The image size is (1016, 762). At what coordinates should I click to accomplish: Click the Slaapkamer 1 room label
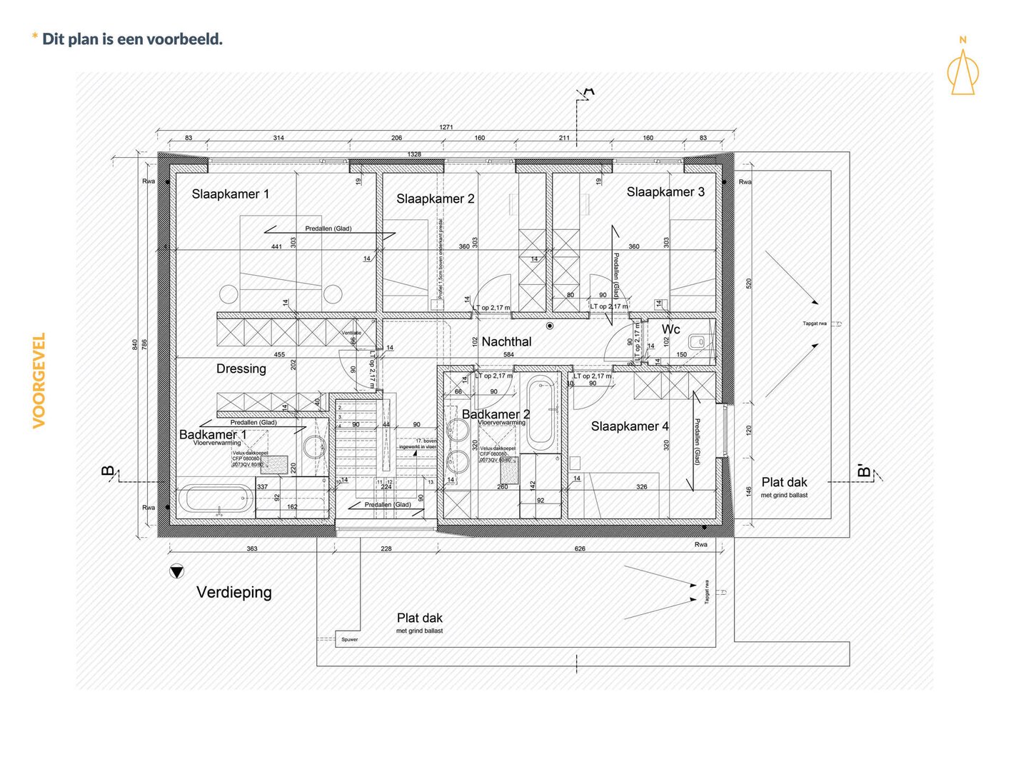click(231, 194)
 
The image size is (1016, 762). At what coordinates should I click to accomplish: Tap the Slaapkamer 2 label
click(435, 199)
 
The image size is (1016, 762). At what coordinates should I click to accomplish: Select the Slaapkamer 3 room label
click(665, 192)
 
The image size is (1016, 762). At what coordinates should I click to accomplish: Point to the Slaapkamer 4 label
click(630, 426)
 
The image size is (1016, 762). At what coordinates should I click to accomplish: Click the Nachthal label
click(506, 342)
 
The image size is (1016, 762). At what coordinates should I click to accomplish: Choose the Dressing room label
click(241, 369)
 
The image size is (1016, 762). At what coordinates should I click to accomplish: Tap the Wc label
click(671, 329)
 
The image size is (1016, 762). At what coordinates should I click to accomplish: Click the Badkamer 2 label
click(496, 414)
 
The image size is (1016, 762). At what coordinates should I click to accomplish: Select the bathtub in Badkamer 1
click(215, 499)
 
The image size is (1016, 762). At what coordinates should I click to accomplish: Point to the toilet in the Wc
click(698, 342)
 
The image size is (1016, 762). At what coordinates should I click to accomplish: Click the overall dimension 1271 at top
click(446, 127)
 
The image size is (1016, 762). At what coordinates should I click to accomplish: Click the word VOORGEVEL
click(39, 380)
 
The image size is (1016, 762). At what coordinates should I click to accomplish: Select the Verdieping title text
click(234, 592)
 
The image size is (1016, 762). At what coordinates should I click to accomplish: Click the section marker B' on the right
click(865, 471)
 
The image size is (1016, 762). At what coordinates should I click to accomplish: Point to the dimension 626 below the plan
click(580, 548)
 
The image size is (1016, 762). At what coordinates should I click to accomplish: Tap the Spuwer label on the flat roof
click(350, 639)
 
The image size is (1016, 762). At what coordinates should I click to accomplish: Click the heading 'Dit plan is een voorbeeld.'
click(132, 39)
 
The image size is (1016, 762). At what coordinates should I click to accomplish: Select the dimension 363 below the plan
click(252, 548)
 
